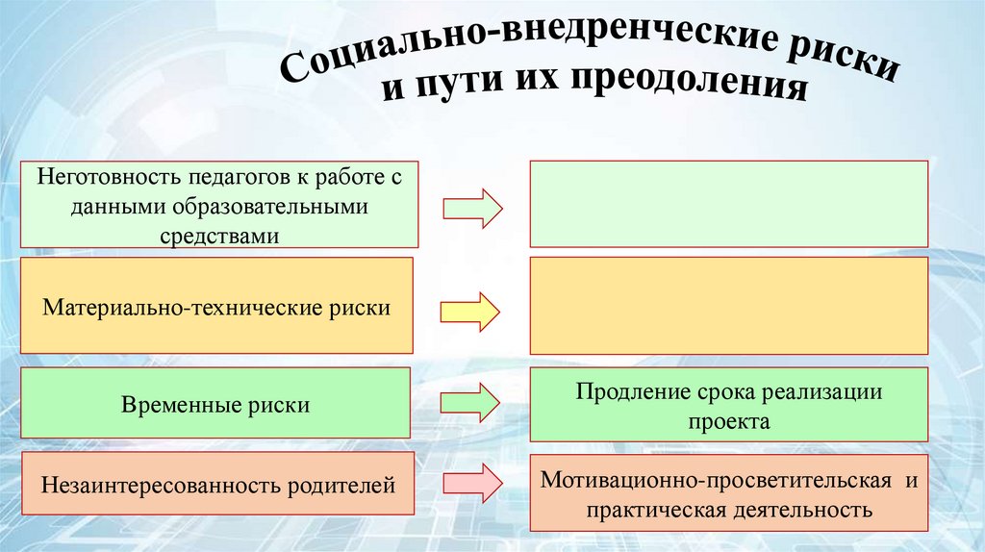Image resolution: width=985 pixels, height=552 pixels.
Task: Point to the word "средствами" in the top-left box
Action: click(219, 236)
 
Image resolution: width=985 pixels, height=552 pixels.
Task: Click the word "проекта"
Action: click(728, 421)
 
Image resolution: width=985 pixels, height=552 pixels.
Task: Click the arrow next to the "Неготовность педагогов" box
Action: click(472, 207)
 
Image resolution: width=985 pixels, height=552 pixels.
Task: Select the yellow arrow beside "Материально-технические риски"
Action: click(470, 312)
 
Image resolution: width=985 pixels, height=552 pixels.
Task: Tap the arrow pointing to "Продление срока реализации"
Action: click(472, 403)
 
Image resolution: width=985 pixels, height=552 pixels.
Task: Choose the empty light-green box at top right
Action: click(728, 204)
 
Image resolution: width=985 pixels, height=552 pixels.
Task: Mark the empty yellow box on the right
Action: click(728, 306)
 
